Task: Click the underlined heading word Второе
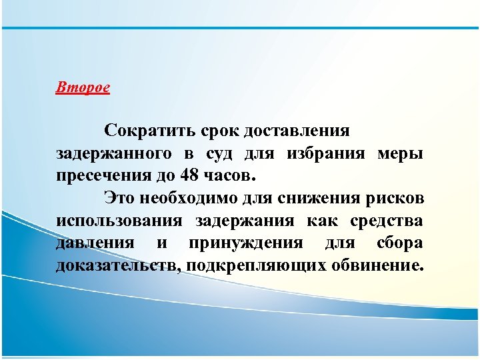[x=83, y=88]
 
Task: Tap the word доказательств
[x=119, y=267]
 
